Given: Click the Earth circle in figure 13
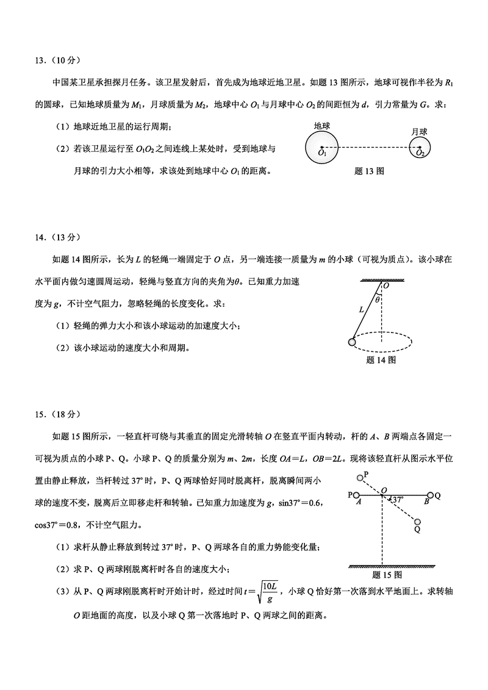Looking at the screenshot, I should tap(321, 148).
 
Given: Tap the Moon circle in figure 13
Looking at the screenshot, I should tap(420, 148).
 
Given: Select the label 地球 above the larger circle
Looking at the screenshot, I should tap(321, 125).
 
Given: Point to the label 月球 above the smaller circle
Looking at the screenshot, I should tap(418, 131).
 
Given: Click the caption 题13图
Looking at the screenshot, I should tap(369, 171).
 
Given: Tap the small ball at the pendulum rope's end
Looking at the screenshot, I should tap(353, 342).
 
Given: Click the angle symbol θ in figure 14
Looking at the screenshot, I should tap(378, 300).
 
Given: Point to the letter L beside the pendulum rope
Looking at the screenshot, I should tap(362, 309).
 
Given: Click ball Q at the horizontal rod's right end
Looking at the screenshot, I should tap(431, 495).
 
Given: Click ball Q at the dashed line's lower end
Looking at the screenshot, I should tap(417, 522).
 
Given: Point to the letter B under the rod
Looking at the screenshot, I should tap(427, 503).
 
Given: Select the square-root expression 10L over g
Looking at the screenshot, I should tap(269, 592).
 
